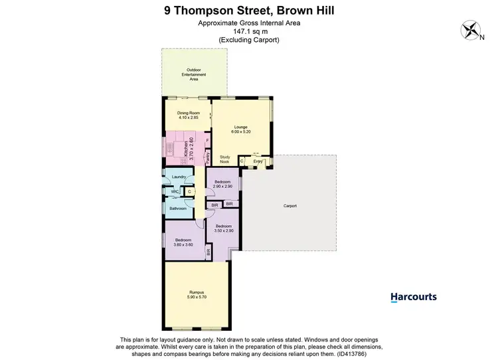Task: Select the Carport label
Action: (x=290, y=207)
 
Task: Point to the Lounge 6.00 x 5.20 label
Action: (x=240, y=130)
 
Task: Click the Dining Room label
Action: (x=188, y=116)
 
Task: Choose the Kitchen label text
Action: (x=188, y=150)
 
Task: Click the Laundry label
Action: (x=179, y=177)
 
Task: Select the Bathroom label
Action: (x=178, y=209)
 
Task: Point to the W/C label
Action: (x=174, y=192)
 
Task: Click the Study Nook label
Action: (x=224, y=159)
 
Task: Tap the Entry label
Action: (x=258, y=161)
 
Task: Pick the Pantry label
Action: (x=207, y=157)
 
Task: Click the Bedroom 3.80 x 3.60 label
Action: (x=183, y=242)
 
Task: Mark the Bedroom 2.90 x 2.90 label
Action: (x=222, y=185)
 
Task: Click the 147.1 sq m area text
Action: (x=248, y=32)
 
